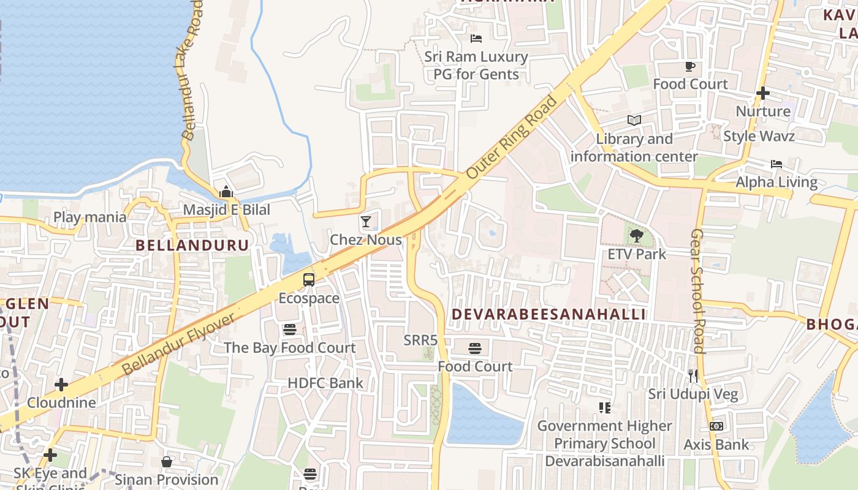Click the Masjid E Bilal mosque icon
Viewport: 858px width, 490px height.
(226, 192)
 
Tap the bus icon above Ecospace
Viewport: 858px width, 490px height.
(309, 280)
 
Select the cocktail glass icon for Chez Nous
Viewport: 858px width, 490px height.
(366, 222)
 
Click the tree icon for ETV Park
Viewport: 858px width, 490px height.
(637, 235)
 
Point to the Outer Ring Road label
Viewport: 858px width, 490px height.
(512, 137)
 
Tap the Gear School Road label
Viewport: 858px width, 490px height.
(698, 291)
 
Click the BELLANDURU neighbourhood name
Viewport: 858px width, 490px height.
(192, 246)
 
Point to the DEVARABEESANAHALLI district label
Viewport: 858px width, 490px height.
(549, 314)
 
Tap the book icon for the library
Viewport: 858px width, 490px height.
(634, 121)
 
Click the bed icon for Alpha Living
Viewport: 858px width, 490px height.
(776, 164)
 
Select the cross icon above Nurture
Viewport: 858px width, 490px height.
(763, 93)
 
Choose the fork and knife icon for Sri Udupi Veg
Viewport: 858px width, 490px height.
(693, 375)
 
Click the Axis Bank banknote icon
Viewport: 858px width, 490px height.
(716, 426)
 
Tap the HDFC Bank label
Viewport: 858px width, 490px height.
(325, 383)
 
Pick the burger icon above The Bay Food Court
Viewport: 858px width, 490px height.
(290, 330)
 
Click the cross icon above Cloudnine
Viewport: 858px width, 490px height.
(61, 385)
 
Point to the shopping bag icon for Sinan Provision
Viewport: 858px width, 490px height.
(167, 461)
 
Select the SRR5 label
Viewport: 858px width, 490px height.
(420, 339)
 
